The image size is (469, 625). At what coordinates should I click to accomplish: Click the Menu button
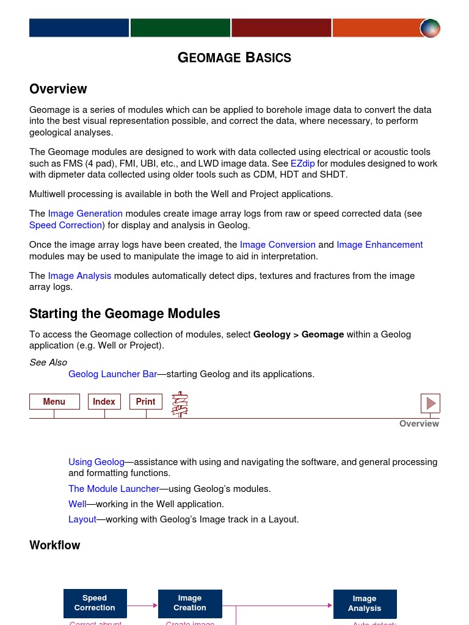[x=54, y=402]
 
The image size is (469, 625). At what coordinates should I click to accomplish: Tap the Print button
[x=145, y=402]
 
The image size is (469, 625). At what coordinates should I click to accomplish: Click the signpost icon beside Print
[x=180, y=404]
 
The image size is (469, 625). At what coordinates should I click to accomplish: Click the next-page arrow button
[x=431, y=403]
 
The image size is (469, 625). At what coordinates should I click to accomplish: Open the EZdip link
[x=302, y=164]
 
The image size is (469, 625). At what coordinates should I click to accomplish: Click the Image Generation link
[x=85, y=214]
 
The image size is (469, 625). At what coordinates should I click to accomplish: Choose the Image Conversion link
[x=277, y=245]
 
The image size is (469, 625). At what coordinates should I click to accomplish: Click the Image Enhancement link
[x=379, y=245]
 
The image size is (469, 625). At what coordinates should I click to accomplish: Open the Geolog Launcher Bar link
[x=112, y=374]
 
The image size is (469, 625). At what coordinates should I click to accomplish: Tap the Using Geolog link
[x=96, y=462]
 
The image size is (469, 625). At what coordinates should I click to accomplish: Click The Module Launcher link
[x=114, y=489]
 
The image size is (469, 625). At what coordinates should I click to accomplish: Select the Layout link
[x=82, y=519]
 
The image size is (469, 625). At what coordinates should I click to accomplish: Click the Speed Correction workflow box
[x=95, y=603]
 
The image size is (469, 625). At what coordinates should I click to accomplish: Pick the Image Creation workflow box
[x=190, y=603]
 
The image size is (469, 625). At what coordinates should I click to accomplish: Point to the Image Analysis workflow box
[x=365, y=604]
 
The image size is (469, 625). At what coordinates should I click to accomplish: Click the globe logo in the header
[x=430, y=28]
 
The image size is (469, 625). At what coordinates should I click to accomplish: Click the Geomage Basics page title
[x=234, y=58]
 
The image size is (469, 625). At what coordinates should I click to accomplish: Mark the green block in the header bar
[x=180, y=28]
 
